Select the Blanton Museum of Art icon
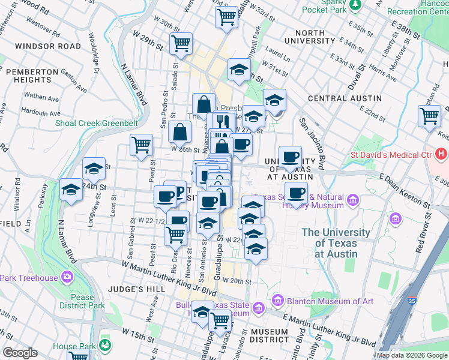277,299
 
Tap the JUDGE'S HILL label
131,289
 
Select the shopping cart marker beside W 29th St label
181,43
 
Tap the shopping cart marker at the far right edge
430,115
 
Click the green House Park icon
106,346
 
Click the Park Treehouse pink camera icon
67,278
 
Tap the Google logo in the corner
20,353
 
